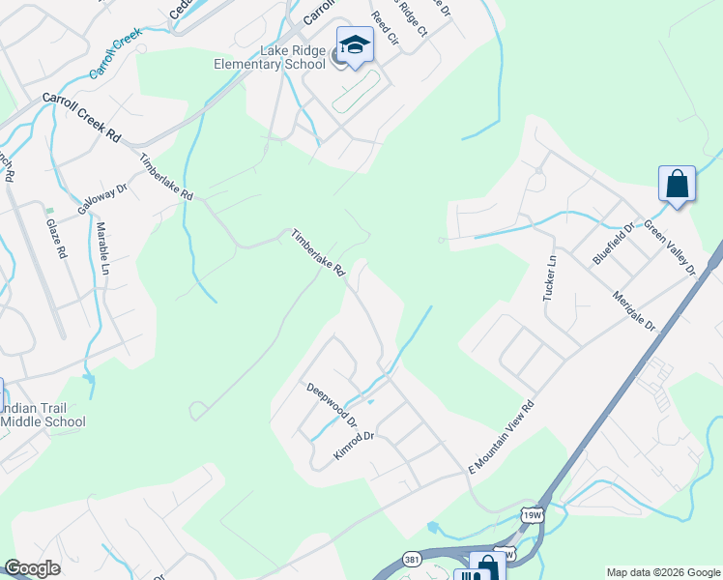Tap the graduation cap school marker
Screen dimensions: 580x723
point(355,45)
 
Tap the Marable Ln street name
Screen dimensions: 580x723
point(101,249)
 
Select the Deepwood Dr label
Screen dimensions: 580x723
point(332,406)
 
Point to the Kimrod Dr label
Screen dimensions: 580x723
point(354,447)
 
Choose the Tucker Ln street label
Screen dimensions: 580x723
point(551,277)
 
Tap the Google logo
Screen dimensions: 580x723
point(32,568)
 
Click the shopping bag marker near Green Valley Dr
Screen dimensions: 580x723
point(677,183)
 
